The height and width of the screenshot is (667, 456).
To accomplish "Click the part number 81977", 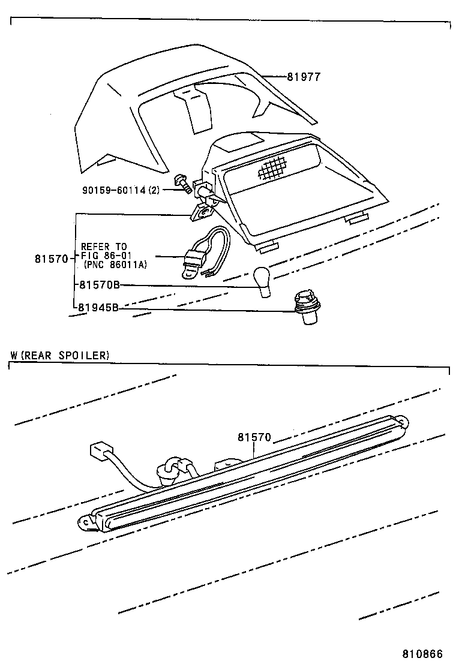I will pos(304,77).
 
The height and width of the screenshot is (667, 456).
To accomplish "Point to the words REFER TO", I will pos(104,247).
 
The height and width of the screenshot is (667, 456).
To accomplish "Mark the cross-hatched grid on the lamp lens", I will pos(274,167).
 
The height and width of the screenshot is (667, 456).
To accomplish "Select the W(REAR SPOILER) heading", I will pos(60,355).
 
